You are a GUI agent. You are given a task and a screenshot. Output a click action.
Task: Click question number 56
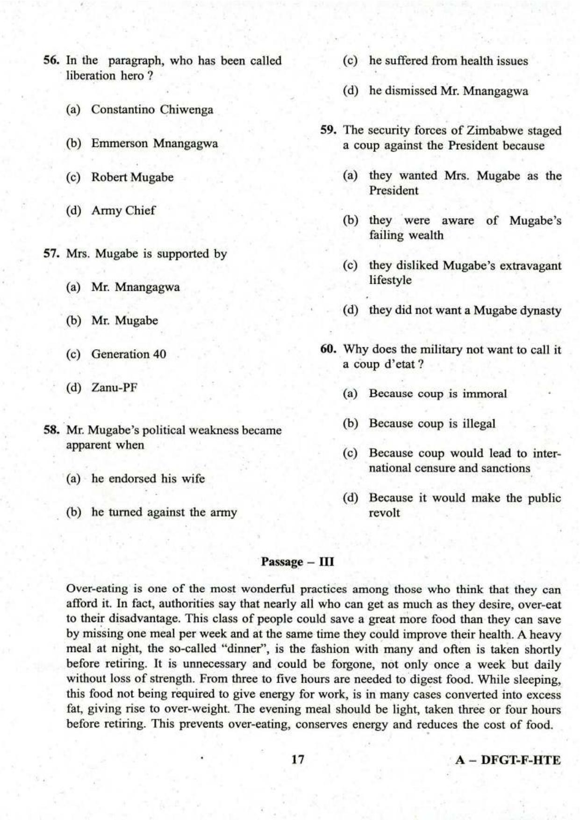point(51,61)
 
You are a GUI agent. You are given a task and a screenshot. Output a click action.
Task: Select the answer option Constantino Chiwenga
point(152,110)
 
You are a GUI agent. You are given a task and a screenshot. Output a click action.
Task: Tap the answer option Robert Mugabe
point(132,178)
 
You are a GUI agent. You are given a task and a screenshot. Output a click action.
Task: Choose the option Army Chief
point(123,211)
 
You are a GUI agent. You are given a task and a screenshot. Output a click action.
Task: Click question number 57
point(51,254)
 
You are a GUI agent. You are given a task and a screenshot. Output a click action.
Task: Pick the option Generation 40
point(129,354)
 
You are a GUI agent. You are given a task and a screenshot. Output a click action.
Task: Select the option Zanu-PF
point(114,388)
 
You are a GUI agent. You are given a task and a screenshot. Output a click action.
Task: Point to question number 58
point(51,430)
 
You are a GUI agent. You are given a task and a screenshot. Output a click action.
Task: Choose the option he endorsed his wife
point(148,479)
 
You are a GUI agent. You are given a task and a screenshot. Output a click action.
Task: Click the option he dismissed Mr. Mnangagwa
point(449,91)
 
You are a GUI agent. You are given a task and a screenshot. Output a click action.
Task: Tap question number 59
point(329,130)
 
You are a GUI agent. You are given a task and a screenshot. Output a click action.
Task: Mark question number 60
point(329,350)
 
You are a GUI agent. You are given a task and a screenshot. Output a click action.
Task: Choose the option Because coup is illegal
point(432,424)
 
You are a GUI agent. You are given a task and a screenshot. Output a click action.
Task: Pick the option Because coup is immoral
point(437,394)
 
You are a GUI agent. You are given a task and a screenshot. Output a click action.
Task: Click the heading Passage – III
point(297,562)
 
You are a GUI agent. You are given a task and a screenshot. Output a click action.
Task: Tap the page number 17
point(298,760)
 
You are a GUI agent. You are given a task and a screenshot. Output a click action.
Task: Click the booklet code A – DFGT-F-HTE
point(508,760)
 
